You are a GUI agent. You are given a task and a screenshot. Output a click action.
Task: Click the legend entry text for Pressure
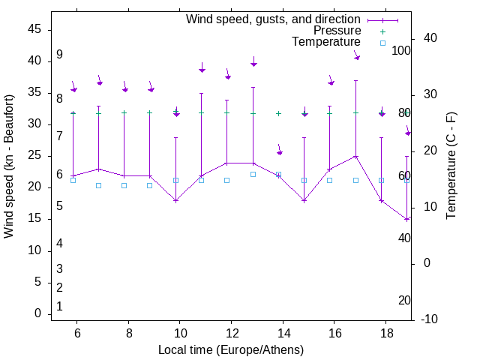337,31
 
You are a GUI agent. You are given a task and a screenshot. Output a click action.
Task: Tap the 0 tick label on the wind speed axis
37,313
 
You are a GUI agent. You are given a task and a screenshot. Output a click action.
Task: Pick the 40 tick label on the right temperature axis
430,38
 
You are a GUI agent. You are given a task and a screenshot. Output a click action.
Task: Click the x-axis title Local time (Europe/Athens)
231,349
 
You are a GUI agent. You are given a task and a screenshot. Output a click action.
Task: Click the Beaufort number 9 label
59,55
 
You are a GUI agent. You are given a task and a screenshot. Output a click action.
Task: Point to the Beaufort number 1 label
59,306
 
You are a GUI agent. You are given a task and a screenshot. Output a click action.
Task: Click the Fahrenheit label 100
401,51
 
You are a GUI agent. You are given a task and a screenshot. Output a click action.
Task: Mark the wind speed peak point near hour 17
356,156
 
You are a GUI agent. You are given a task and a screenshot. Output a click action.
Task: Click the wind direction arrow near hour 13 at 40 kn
254,62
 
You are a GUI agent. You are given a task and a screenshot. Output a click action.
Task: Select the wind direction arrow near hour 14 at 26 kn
279,151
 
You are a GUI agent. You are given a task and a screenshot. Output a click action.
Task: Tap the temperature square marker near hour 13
253,174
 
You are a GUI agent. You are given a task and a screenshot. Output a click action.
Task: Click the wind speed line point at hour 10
176,200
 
